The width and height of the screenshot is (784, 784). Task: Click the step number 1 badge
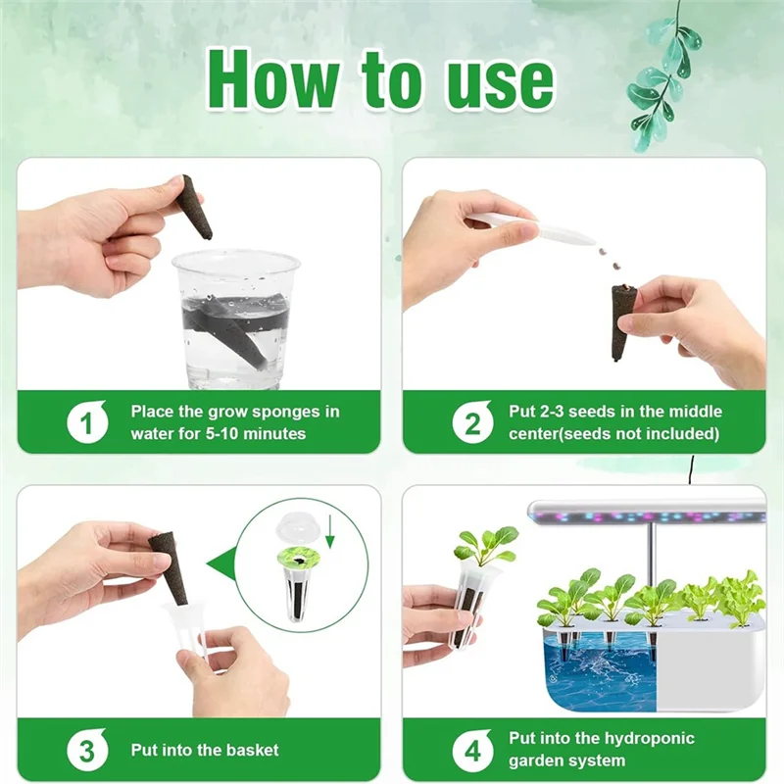click(x=87, y=422)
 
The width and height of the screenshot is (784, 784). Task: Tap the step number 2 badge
click(x=472, y=422)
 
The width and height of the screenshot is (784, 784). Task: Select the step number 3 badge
click(x=87, y=750)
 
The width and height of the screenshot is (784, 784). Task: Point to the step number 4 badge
click(x=472, y=750)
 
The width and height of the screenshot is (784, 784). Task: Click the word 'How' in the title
click(x=273, y=78)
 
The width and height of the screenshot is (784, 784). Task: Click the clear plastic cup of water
click(x=235, y=320)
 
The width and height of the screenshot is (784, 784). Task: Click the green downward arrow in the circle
click(x=329, y=534)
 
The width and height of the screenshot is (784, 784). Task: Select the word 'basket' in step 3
click(x=253, y=750)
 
